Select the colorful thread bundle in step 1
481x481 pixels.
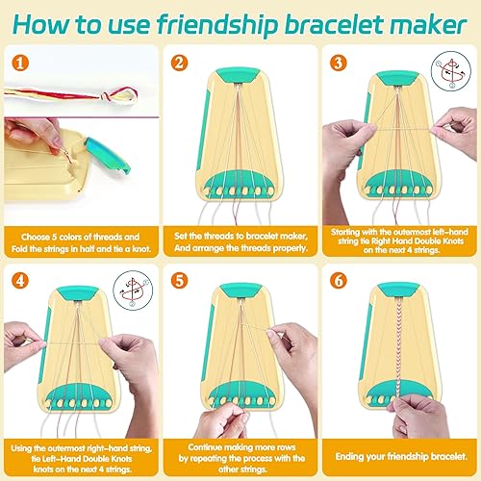pos(67,91)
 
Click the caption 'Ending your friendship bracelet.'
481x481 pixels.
pos(400,453)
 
